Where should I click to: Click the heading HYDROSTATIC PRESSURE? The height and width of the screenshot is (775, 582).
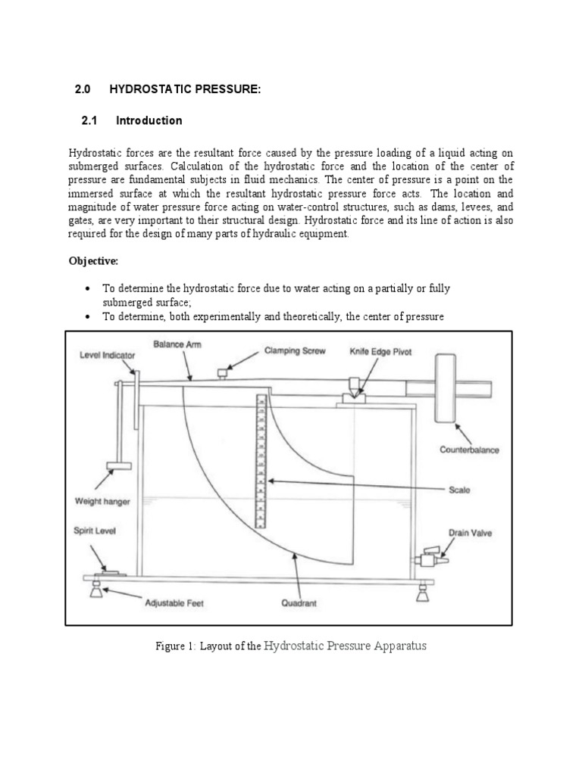coord(185,90)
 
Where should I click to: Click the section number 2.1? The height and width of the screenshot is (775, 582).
coord(89,120)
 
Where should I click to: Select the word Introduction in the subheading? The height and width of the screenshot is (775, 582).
coord(149,120)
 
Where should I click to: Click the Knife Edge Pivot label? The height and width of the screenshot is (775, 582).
coord(380,353)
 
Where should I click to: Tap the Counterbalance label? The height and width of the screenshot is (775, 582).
coord(470,449)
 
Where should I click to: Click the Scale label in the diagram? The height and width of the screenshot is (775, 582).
coord(458,490)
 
